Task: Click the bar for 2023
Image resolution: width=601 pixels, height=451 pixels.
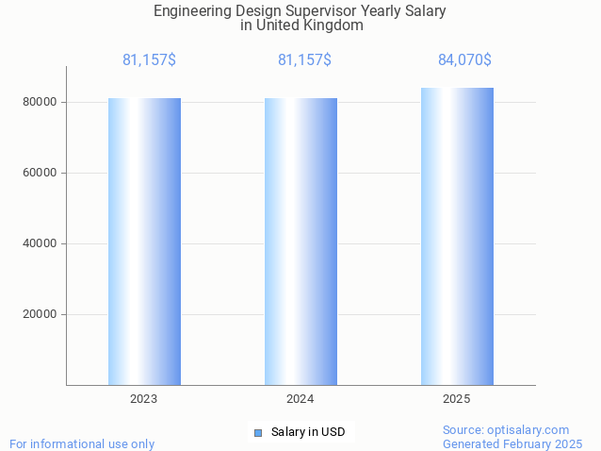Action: [x=144, y=242]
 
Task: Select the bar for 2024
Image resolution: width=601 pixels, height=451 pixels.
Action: [x=300, y=242]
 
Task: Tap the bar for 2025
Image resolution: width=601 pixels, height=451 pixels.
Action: [x=457, y=236]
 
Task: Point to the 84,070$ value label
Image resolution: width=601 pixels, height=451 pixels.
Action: [x=464, y=60]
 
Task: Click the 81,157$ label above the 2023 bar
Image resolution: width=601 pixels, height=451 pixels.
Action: [x=149, y=60]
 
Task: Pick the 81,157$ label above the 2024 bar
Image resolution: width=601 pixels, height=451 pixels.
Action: [x=304, y=60]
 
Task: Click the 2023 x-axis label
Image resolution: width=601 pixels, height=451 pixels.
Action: [x=144, y=399]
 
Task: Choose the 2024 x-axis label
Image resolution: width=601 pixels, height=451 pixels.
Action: [x=300, y=399]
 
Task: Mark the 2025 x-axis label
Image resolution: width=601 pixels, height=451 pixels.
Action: [x=457, y=399]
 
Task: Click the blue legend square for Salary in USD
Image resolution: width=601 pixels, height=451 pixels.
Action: [x=258, y=433]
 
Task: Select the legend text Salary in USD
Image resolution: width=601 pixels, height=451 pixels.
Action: [x=308, y=433]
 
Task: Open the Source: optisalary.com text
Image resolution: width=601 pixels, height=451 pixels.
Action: [x=506, y=430]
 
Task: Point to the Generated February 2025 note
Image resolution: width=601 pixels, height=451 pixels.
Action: [x=512, y=443]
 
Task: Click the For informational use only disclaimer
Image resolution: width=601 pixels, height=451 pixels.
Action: [x=82, y=443]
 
